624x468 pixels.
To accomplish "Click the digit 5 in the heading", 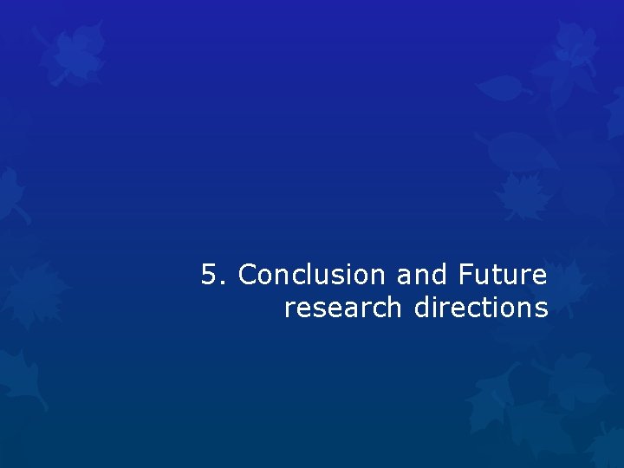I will pos(209,276).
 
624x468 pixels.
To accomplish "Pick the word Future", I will pos(502,276).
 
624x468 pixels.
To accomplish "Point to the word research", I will pos(343,308).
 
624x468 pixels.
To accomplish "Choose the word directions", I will pos(481,308).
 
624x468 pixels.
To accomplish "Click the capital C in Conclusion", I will pos(249,276).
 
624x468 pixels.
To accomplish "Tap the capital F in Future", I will pos(464,276).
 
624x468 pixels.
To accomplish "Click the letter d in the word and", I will pos(439,276).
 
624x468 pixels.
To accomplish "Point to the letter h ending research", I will pos(395,308).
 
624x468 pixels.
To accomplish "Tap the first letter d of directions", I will pos(422,308).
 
